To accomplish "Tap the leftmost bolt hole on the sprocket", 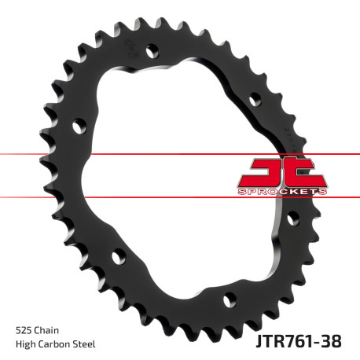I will [79, 124].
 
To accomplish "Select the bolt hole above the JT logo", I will [255, 99].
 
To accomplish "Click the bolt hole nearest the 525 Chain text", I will [118, 256].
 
